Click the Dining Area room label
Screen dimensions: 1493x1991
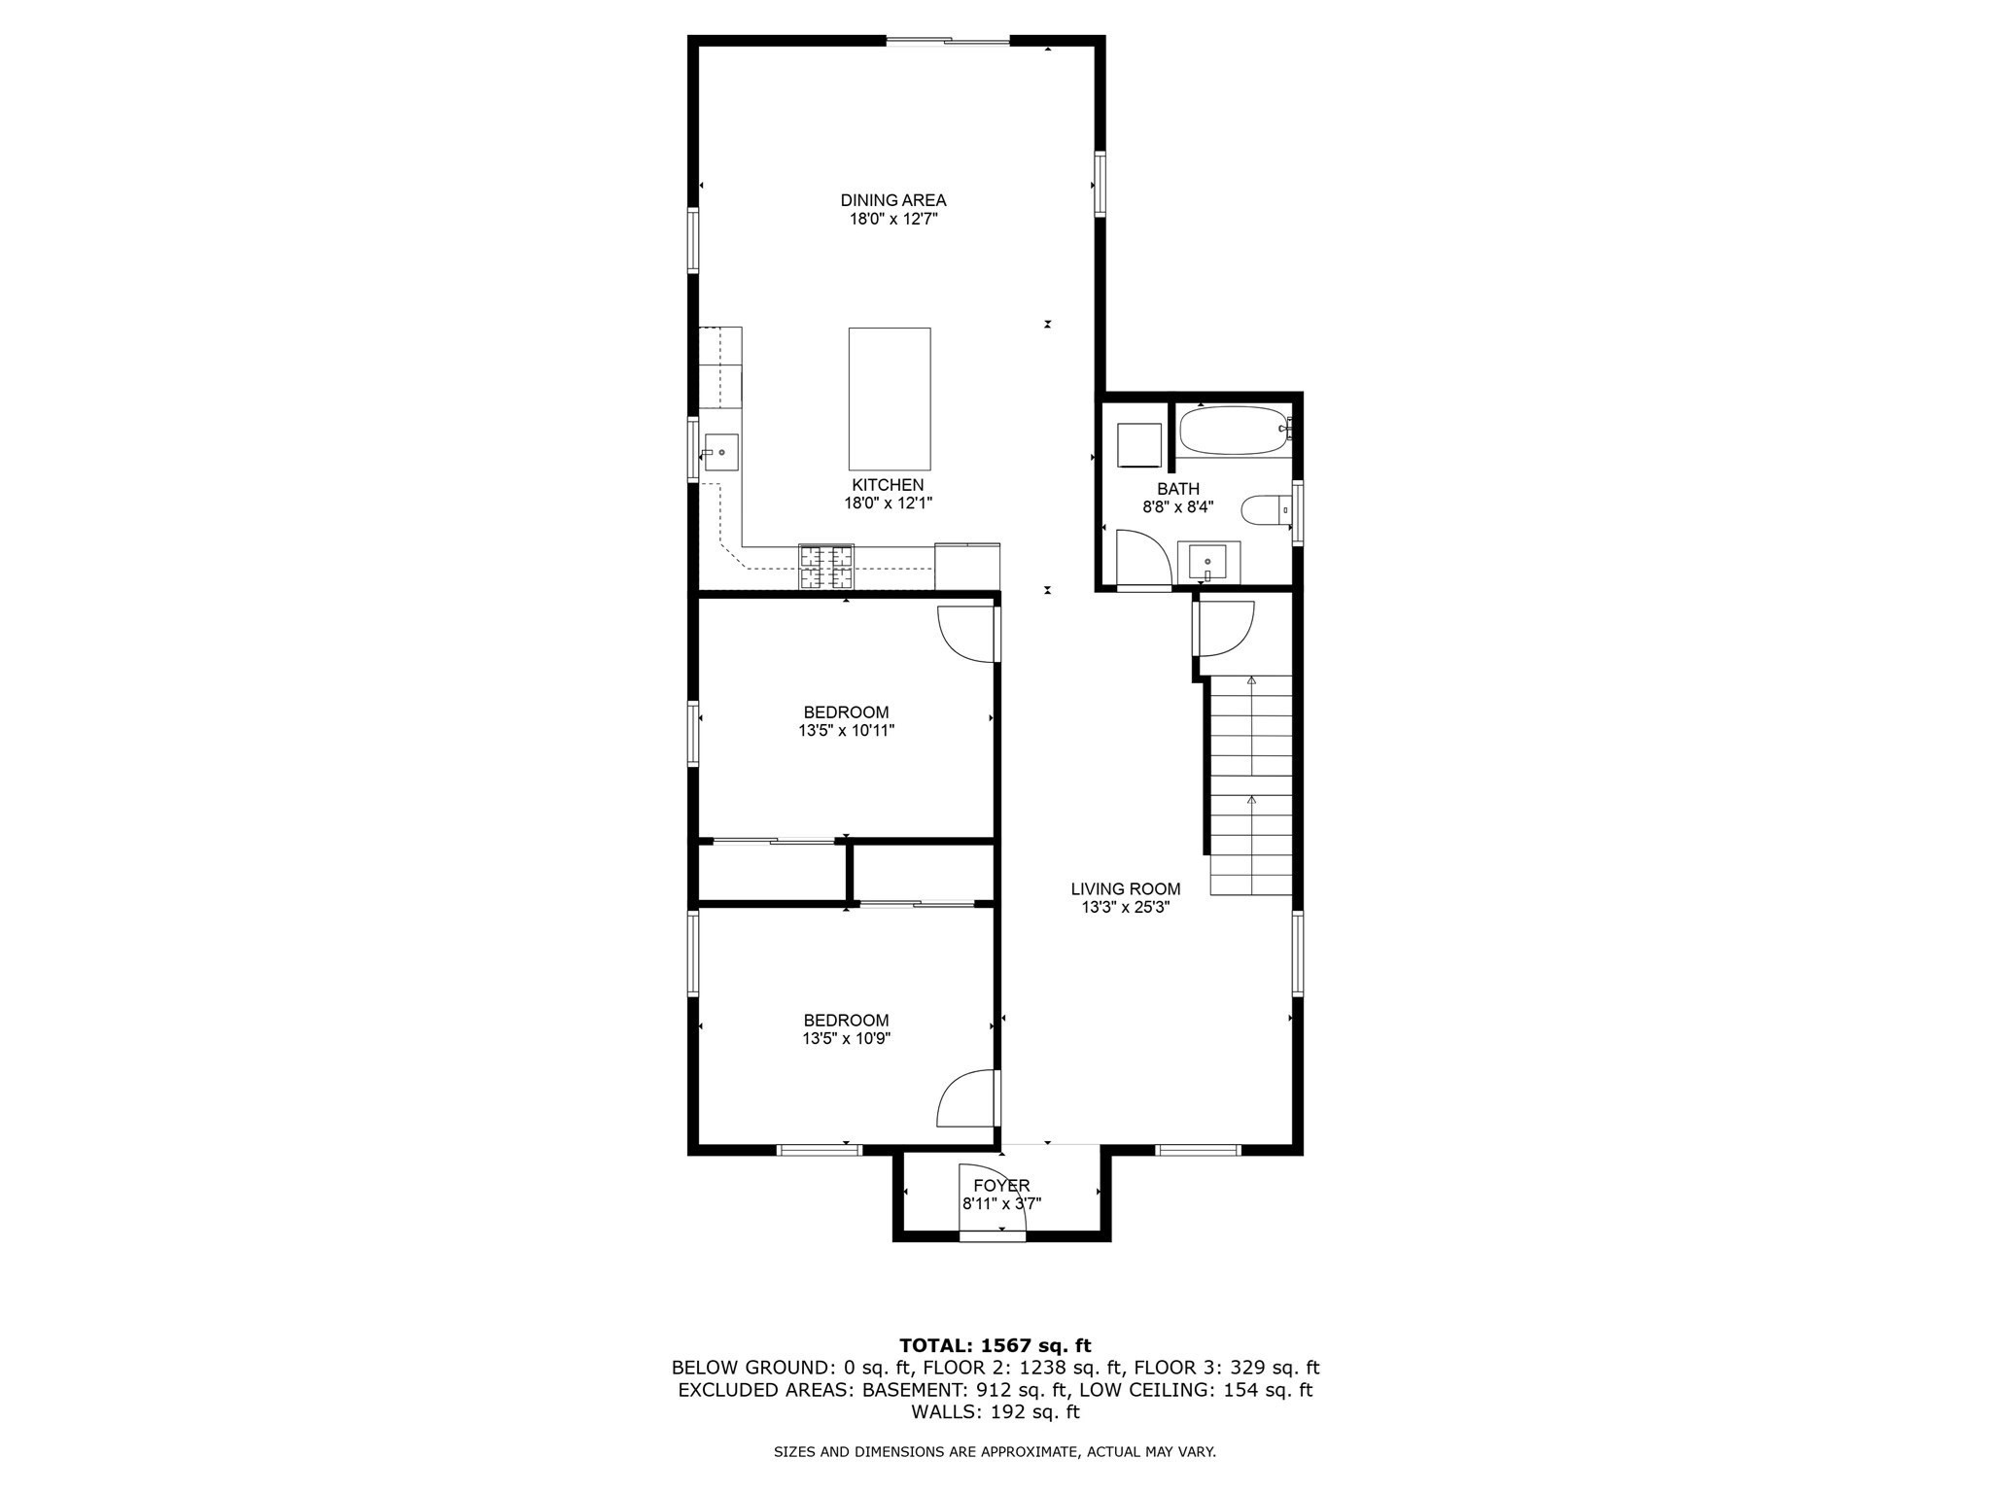(892, 200)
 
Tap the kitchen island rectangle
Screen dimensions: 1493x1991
(889, 399)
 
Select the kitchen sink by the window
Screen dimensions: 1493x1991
(720, 453)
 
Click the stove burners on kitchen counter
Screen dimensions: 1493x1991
(826, 568)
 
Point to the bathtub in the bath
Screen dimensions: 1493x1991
(1234, 431)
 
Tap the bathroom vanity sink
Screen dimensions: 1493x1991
(1207, 563)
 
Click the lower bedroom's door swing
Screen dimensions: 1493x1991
(966, 1098)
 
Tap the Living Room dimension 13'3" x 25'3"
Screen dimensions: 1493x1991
(1125, 908)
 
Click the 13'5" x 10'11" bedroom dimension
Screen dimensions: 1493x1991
(846, 731)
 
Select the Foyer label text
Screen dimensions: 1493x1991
(1000, 1186)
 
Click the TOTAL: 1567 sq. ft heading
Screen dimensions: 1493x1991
(995, 1345)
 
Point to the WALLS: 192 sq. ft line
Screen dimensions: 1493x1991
(995, 1412)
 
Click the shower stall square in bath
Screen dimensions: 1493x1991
(1138, 445)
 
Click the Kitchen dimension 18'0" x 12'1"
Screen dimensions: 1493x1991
(888, 503)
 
